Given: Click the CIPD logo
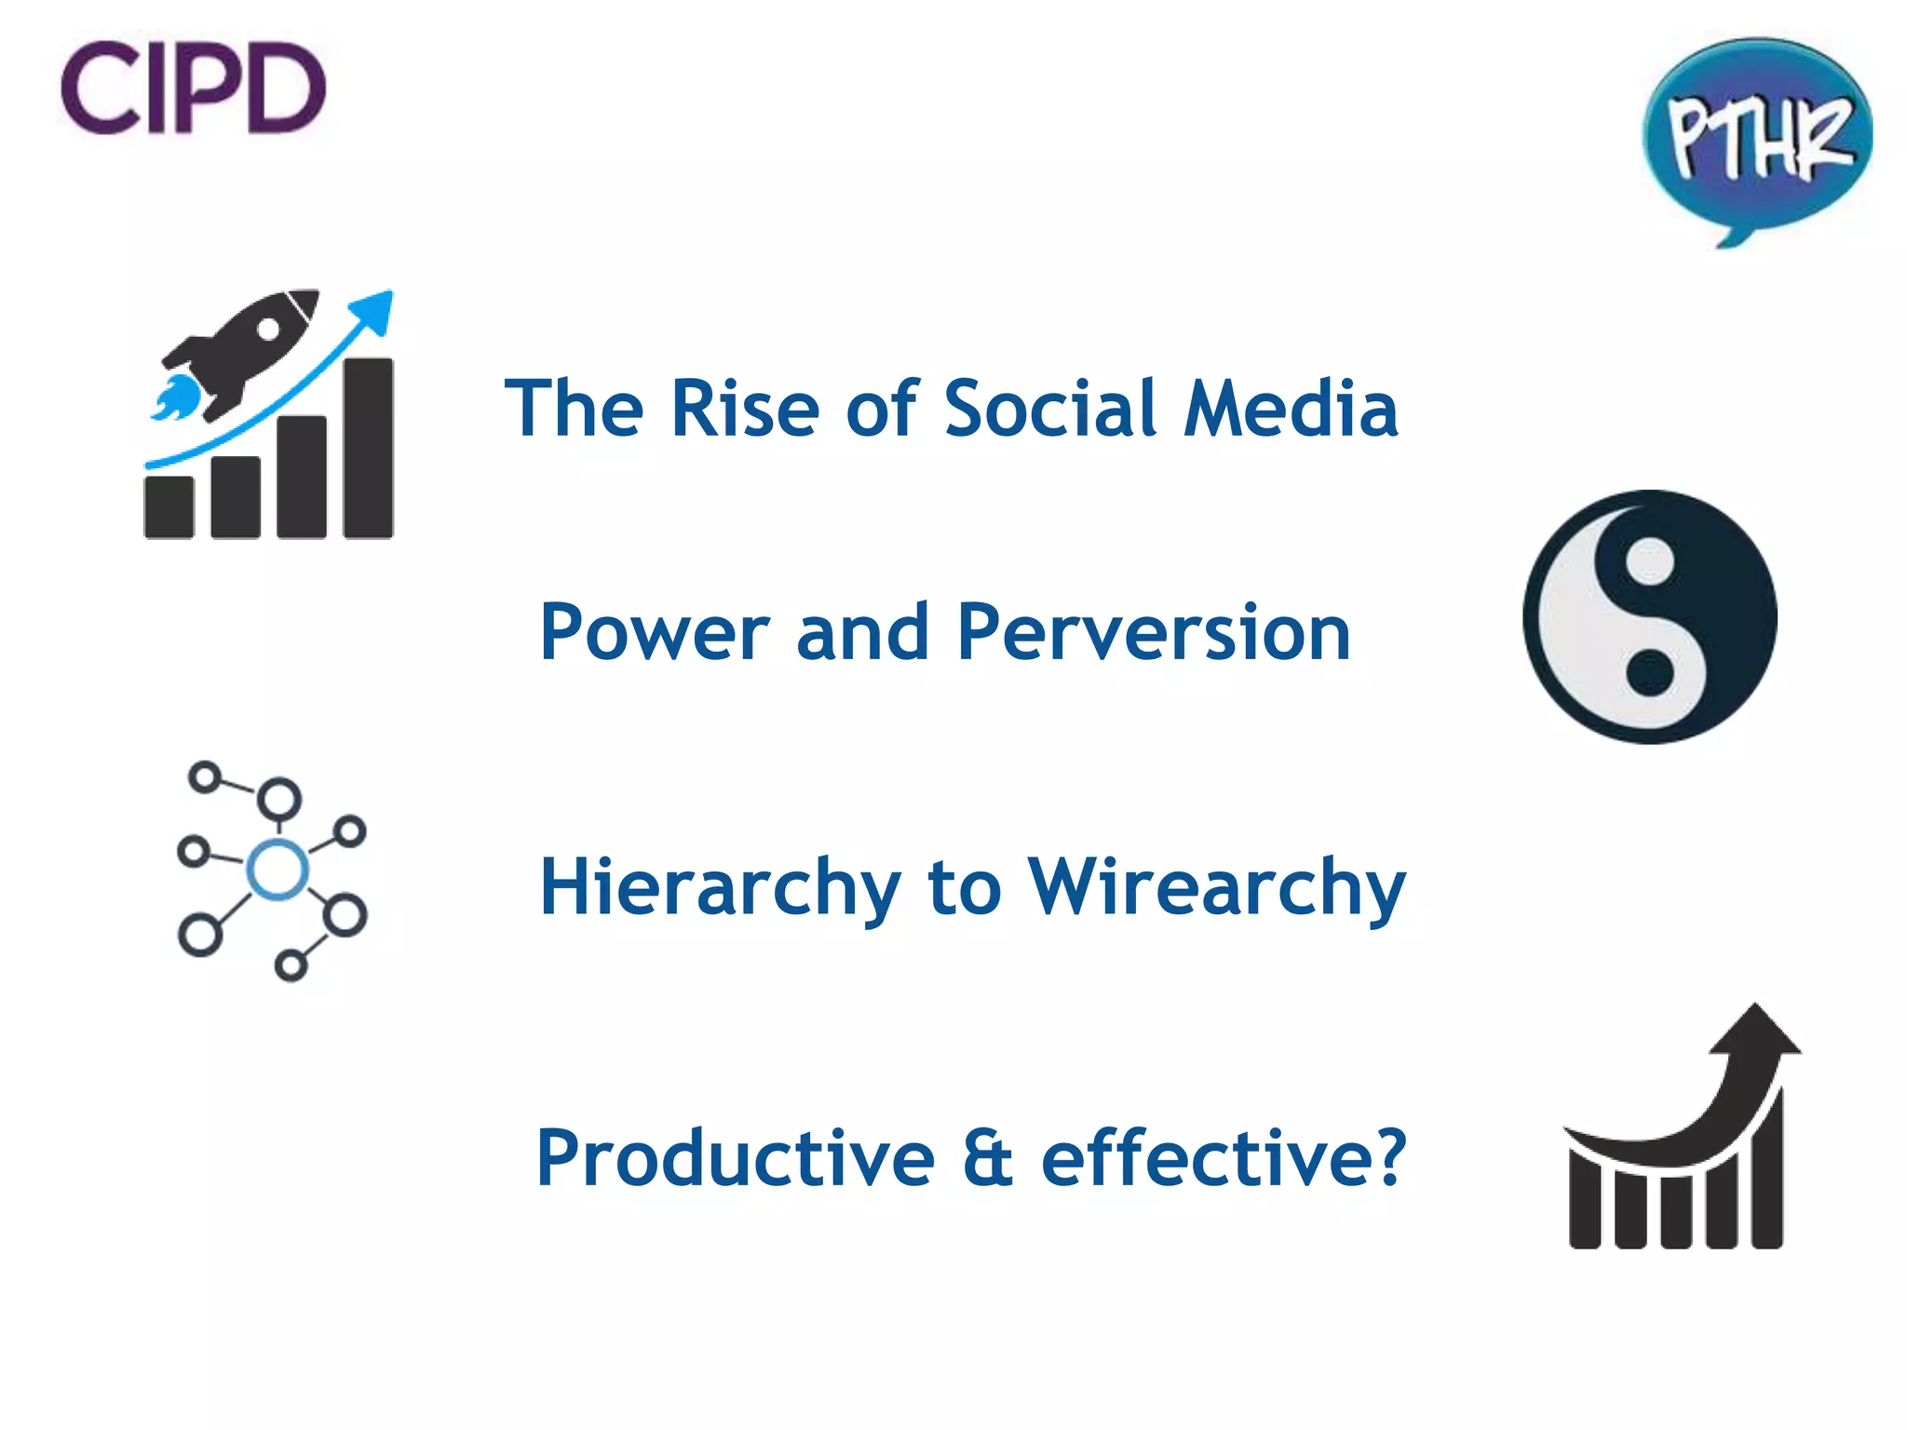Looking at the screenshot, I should click(194, 88).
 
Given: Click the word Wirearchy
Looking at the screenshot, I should click(1215, 888).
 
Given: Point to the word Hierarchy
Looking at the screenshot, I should click(720, 888).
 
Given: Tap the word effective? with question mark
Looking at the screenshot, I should click(1224, 1158).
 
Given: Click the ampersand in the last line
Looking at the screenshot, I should click(987, 1158).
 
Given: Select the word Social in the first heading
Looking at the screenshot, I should click(1050, 410).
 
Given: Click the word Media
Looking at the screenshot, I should click(1291, 410).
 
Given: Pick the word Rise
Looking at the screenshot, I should click(745, 410).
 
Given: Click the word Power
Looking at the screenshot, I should click(656, 633).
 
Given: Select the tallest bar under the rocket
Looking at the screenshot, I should click(368, 449).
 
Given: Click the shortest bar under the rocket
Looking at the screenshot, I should click(169, 507).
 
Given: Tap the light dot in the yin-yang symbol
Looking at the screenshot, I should click(1650, 561).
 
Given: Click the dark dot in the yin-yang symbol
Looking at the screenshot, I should click(1650, 672).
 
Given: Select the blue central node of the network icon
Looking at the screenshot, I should click(277, 870).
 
